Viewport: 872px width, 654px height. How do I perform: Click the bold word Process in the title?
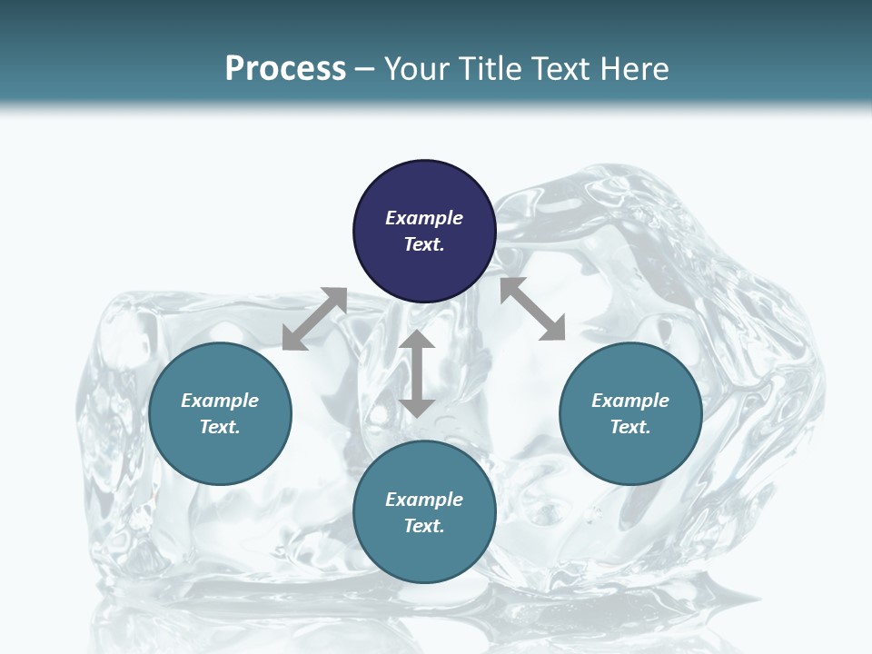(x=285, y=69)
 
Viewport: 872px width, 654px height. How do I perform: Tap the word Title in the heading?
(x=491, y=69)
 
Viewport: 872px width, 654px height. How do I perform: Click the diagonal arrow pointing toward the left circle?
(x=314, y=319)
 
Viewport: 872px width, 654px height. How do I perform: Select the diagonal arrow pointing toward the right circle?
(x=533, y=309)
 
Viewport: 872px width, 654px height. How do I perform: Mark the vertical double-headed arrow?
(x=417, y=373)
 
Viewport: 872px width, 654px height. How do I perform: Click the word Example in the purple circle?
(x=424, y=218)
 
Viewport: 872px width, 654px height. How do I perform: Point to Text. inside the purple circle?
(x=424, y=244)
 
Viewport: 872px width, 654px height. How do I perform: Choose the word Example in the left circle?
(x=220, y=401)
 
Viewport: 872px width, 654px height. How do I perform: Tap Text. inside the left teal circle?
(x=220, y=427)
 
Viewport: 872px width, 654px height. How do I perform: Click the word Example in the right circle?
(x=630, y=401)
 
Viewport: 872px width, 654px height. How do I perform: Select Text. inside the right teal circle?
(x=630, y=427)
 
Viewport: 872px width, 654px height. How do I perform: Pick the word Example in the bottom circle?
(x=424, y=500)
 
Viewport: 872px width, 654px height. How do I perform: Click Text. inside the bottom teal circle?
(x=424, y=526)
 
